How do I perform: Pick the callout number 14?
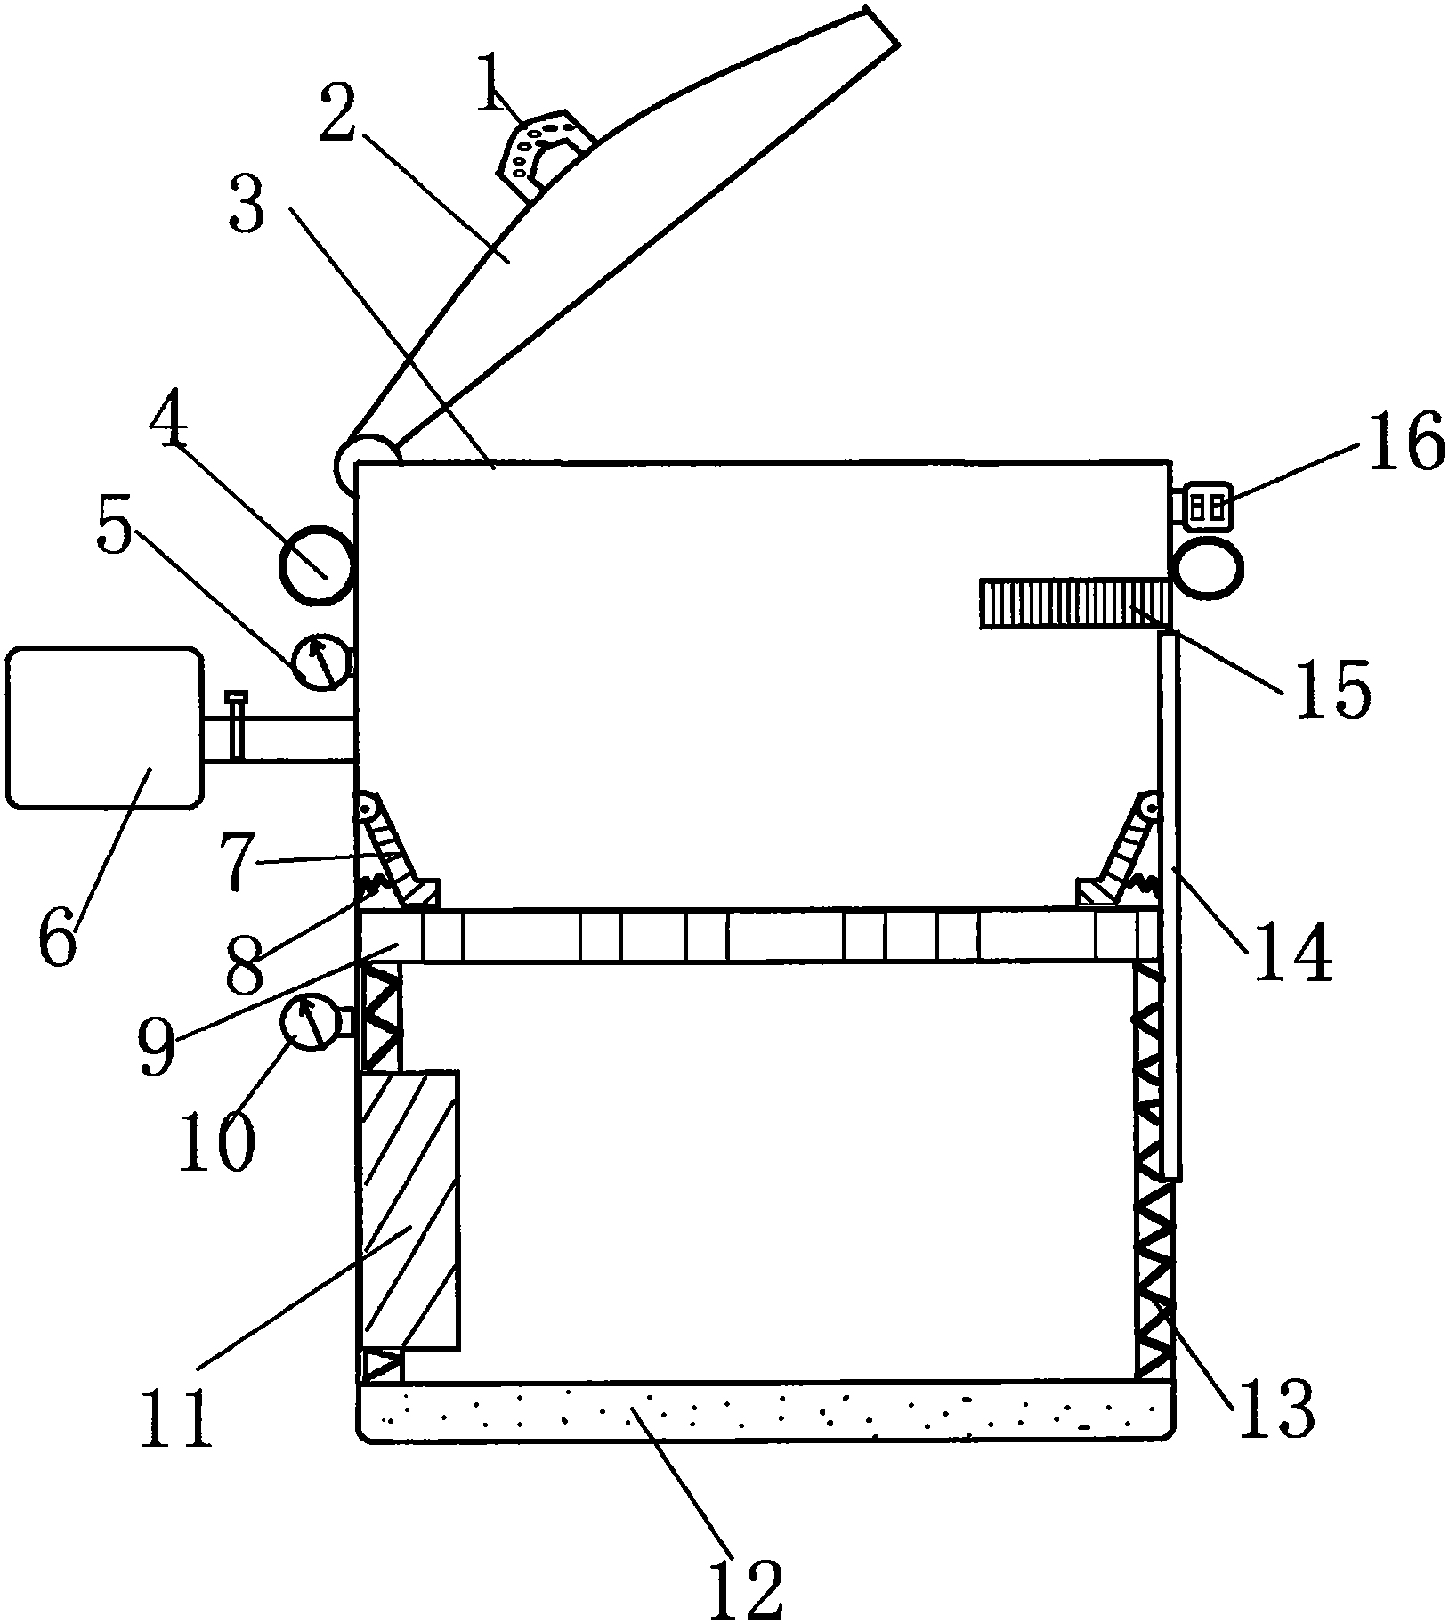click(x=1294, y=950)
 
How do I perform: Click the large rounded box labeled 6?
click(x=103, y=727)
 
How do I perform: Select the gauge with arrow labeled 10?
click(x=308, y=1024)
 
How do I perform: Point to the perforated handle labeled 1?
click(x=545, y=151)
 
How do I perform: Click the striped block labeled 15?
click(x=1074, y=603)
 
